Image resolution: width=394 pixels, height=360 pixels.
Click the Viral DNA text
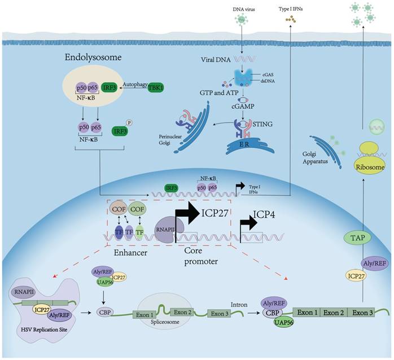pyautogui.click(x=217, y=58)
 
